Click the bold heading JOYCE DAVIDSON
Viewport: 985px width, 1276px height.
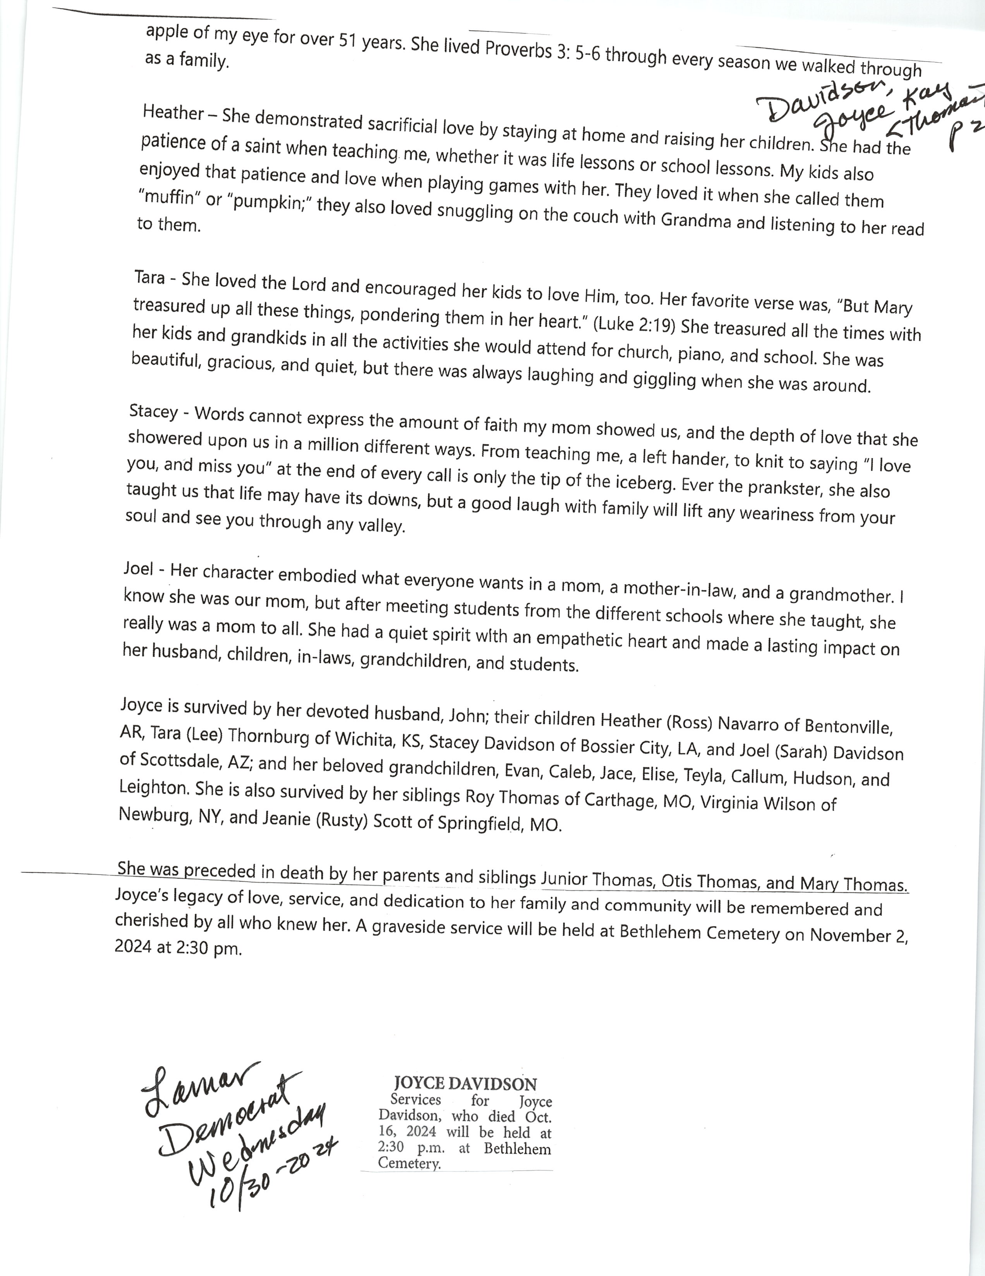pyautogui.click(x=465, y=1084)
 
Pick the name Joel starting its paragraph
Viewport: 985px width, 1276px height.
pyautogui.click(x=139, y=568)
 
